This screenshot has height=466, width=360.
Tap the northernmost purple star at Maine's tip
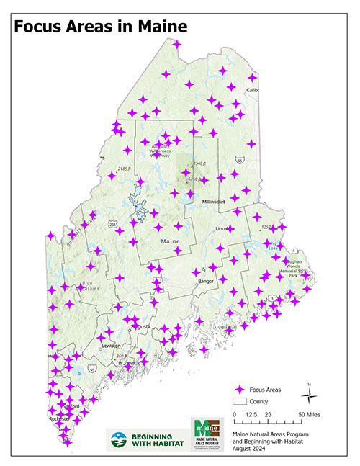point(177,44)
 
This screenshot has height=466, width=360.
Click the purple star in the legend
point(239,388)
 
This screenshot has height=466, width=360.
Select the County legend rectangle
point(239,400)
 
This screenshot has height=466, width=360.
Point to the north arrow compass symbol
point(308,394)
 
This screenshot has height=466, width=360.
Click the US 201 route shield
point(113,225)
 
